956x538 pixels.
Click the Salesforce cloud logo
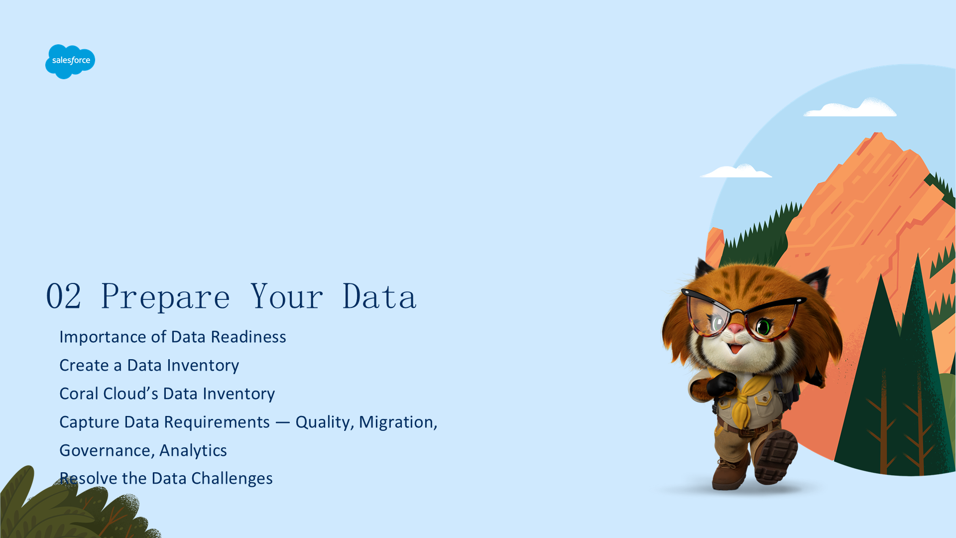[x=70, y=61]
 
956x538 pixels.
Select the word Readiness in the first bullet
[x=248, y=337]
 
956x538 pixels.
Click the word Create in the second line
[x=84, y=366]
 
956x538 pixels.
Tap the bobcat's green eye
[x=763, y=327]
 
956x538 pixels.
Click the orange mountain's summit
[x=877, y=134]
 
